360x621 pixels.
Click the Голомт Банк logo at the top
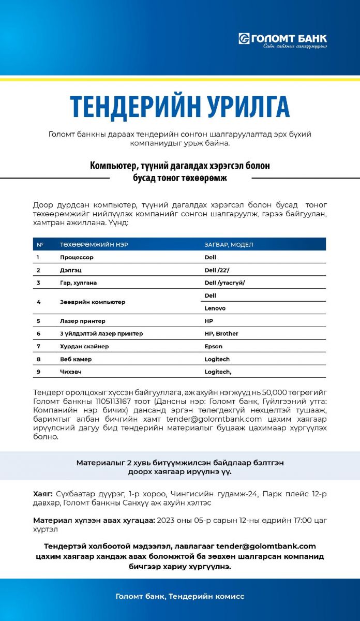pos(282,39)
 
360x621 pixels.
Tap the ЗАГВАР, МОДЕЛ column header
pos(229,244)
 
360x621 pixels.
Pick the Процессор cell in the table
pos(77,257)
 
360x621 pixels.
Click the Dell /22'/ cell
pos(217,270)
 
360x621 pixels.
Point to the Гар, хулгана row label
pos(78,283)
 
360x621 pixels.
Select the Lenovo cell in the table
pos(215,308)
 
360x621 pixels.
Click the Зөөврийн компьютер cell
pos(93,302)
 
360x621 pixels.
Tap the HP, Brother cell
pos(221,334)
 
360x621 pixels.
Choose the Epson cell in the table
pos(214,347)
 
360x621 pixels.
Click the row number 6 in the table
pos(38,334)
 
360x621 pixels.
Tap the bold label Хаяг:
pos(43,494)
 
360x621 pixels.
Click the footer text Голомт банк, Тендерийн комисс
pos(180,597)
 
